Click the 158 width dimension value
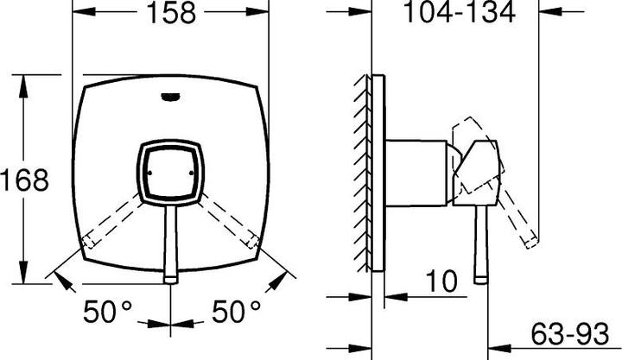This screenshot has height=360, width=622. tap(171, 12)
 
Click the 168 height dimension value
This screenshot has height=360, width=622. tap(24, 180)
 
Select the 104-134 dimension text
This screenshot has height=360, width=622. tap(459, 11)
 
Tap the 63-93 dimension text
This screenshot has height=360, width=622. tap(569, 334)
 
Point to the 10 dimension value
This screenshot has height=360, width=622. tap(441, 281)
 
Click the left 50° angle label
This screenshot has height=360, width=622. tap(107, 312)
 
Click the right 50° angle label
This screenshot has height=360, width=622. tap(236, 312)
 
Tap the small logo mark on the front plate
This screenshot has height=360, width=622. tap(171, 97)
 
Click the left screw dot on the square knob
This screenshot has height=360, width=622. tap(149, 173)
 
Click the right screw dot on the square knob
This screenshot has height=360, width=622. tap(192, 173)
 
